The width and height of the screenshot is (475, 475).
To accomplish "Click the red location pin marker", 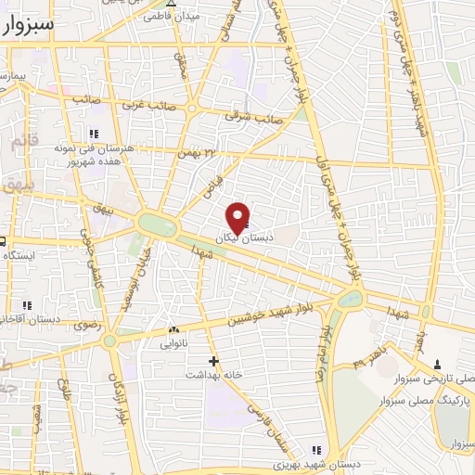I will coord(237,216).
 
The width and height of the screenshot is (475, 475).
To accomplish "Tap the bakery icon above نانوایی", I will coord(173,329).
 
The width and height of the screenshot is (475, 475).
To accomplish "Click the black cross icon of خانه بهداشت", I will coord(214,360).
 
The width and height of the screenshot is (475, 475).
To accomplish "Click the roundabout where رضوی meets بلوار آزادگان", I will coord(109,340).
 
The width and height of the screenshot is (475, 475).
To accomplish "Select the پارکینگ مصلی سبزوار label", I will coord(426,395).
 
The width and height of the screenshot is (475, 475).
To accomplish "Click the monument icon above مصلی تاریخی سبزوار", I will coord(438,364).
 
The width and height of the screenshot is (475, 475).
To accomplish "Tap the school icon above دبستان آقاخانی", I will coord(26,304).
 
